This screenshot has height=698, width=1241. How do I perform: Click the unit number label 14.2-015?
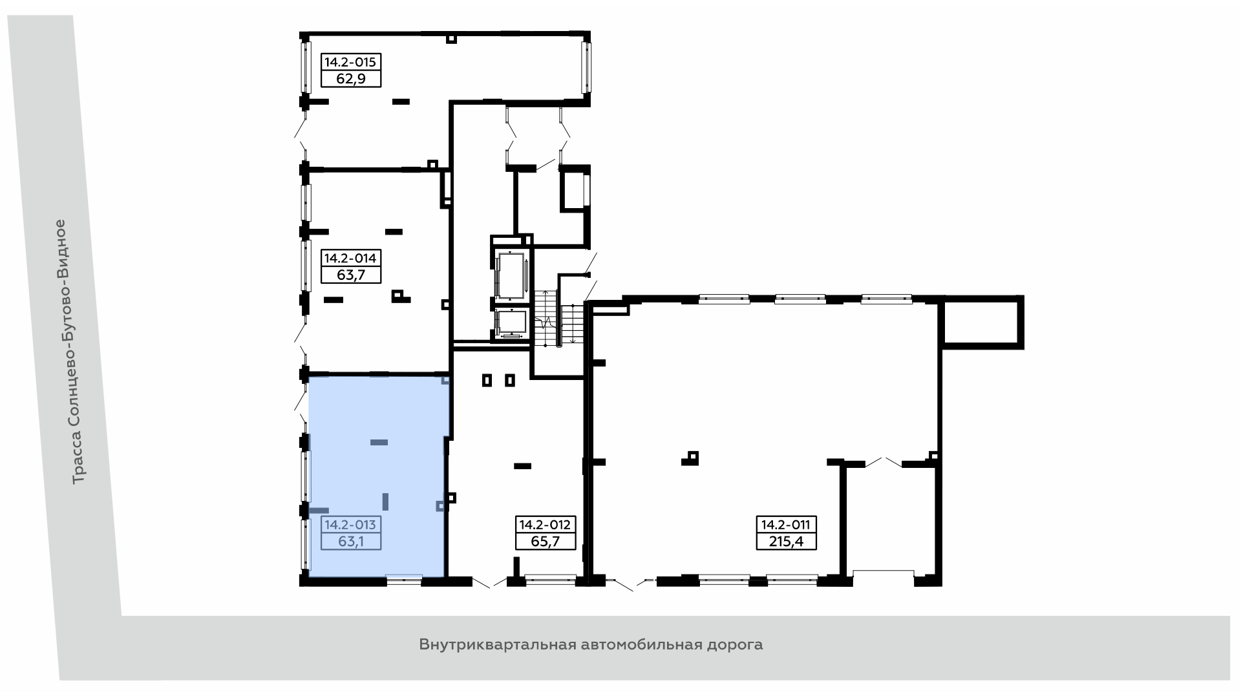[x=350, y=63]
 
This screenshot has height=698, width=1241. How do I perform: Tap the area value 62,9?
[x=350, y=79]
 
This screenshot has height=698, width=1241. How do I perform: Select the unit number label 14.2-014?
[x=350, y=259]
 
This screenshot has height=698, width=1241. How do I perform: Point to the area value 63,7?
[x=350, y=275]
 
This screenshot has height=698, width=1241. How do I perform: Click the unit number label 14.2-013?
[x=350, y=525]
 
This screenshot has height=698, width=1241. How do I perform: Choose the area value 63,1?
[x=350, y=541]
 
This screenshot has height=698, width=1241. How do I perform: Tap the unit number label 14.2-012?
[x=546, y=525]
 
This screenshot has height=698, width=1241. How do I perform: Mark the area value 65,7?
[x=546, y=541]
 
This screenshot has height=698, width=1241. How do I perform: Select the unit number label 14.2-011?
[x=787, y=525]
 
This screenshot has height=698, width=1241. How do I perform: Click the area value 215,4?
[x=787, y=541]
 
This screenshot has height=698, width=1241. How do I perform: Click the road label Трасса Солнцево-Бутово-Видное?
[x=78, y=352]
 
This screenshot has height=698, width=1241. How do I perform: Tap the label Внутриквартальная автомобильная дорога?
[x=591, y=645]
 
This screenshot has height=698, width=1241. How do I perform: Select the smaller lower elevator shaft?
[x=511, y=324]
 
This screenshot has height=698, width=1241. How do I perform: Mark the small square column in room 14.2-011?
[x=693, y=458]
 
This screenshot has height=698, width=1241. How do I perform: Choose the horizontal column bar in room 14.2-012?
[x=522, y=466]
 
